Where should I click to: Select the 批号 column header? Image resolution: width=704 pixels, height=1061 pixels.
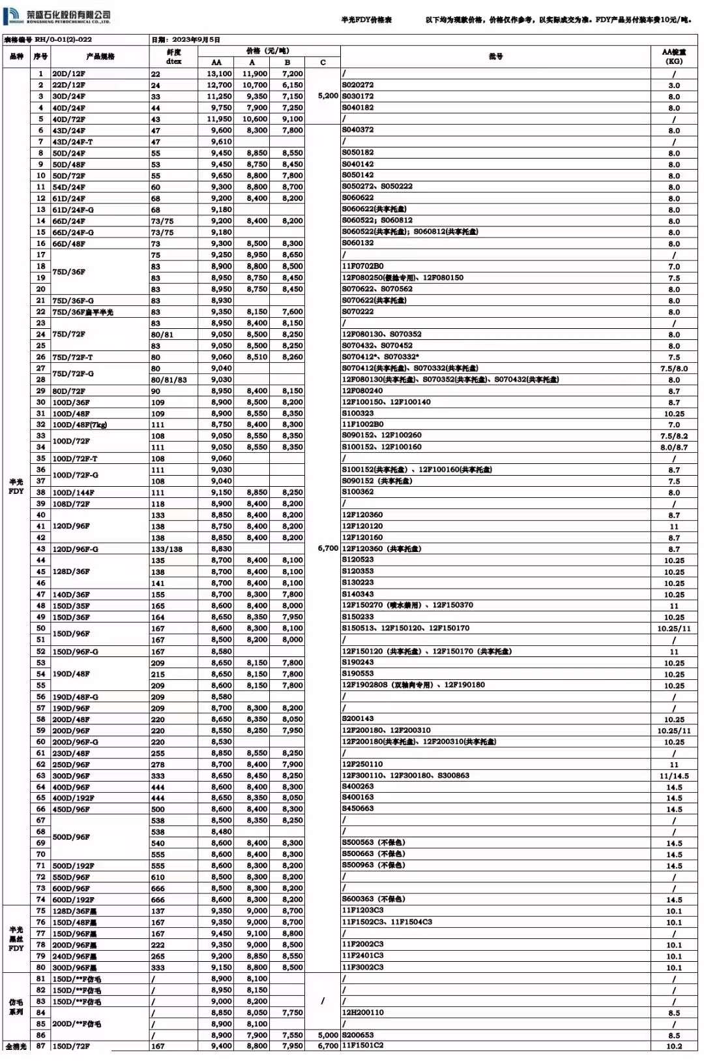495,57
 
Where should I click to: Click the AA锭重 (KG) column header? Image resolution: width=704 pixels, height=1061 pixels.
673,57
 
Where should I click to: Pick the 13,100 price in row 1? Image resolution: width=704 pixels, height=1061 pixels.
219,74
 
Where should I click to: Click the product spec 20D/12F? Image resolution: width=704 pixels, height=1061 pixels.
68,74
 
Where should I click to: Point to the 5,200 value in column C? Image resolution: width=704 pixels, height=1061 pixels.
328,96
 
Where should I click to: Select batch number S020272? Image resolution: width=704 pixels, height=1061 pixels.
358,85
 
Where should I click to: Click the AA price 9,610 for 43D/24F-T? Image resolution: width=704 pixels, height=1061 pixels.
221,142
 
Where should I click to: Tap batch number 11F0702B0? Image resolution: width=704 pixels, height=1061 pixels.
362,266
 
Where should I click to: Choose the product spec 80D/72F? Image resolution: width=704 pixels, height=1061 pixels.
68,391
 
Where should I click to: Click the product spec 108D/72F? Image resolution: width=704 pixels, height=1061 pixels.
71,504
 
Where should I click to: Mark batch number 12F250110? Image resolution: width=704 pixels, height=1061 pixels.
362,764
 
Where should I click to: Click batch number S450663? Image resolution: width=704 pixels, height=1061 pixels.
358,809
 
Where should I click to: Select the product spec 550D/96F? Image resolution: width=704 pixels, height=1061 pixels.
71,877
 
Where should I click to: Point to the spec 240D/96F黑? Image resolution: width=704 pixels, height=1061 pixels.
74,956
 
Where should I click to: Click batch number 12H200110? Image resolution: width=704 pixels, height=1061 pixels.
362,1012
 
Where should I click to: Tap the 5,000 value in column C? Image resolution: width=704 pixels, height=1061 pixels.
328,1035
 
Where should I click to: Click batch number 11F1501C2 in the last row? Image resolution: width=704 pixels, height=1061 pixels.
362,1046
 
